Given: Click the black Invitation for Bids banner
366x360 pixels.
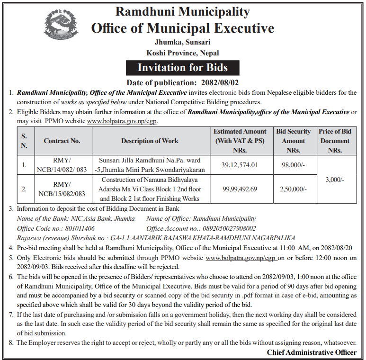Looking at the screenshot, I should tap(183, 68).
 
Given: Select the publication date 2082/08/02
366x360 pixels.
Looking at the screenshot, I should tap(214, 83).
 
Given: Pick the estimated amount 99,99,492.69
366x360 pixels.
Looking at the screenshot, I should tap(240, 189).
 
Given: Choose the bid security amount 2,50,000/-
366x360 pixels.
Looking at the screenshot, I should tap(294, 189).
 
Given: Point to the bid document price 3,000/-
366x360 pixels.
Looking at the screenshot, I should tap(335, 180).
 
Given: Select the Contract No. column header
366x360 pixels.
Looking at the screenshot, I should tap(62, 141).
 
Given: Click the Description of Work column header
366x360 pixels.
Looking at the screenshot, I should tap(150, 141).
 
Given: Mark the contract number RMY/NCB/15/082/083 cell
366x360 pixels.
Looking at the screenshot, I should tap(62, 189).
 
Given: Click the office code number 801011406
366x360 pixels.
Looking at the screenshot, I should tap(76, 228).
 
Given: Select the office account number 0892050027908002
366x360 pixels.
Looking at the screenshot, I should tap(225, 228).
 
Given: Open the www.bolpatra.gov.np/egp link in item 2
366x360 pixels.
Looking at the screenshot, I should tap(122, 121).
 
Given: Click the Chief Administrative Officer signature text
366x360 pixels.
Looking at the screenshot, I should tap(312, 352).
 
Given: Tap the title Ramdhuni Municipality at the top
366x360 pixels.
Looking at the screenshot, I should tap(183, 11).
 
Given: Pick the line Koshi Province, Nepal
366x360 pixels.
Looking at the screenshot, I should tap(183, 53).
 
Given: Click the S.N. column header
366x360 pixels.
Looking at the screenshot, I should tap(24, 141).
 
